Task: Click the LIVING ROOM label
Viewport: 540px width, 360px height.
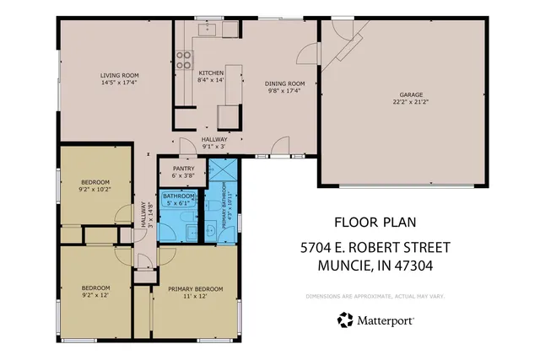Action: [119, 75]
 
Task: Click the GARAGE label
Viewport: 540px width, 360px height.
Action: [411, 95]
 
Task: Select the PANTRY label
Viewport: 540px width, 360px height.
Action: [183, 168]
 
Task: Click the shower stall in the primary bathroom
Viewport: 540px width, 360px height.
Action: [223, 171]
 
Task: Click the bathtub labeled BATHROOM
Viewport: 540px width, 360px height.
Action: [178, 203]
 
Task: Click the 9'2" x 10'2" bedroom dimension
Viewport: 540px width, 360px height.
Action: [94, 190]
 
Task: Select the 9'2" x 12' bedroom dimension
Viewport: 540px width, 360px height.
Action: [94, 295]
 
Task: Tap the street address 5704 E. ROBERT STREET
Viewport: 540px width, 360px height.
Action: [375, 249]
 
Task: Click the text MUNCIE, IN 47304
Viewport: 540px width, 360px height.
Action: [375, 266]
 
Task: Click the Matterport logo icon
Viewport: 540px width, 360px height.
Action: [345, 320]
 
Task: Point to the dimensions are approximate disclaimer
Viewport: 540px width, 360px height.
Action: [375, 296]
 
